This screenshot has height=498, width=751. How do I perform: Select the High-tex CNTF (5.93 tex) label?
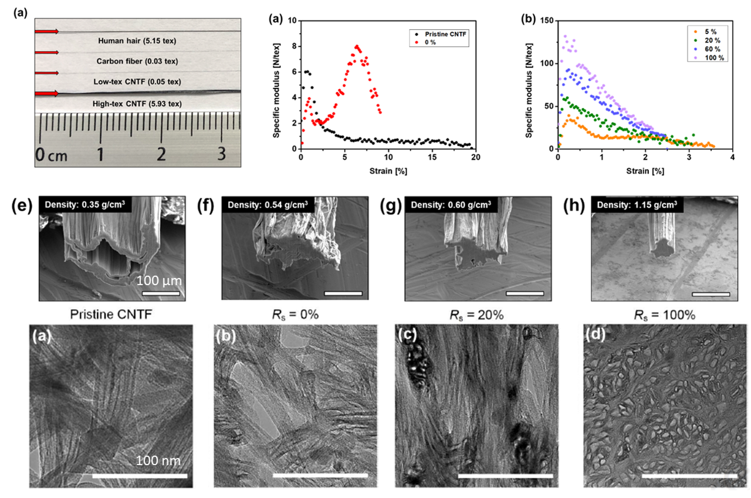pyautogui.click(x=136, y=104)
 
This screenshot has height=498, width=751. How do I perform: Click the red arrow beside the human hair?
pyautogui.click(x=46, y=31)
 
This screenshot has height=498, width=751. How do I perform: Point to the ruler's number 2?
pyautogui.click(x=161, y=155)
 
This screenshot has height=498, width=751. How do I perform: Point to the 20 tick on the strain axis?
pyautogui.click(x=475, y=157)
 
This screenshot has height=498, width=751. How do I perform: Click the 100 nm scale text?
pyautogui.click(x=159, y=460)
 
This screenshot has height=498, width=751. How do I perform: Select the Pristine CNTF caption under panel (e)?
pyautogui.click(x=111, y=314)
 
